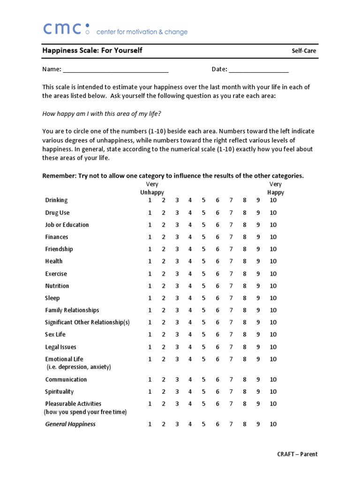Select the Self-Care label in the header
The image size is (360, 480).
304,51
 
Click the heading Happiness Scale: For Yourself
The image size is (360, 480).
92,50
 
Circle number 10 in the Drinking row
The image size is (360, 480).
273,200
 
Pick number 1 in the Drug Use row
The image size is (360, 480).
150,212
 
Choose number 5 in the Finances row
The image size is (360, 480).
204,237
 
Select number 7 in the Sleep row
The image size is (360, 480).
231,298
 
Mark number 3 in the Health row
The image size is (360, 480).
177,261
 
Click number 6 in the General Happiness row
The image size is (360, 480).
217,424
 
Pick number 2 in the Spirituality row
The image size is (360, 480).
164,391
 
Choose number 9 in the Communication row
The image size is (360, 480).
258,379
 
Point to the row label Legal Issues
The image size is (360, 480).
60,347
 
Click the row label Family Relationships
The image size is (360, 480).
72,310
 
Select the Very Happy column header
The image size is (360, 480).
275,188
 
